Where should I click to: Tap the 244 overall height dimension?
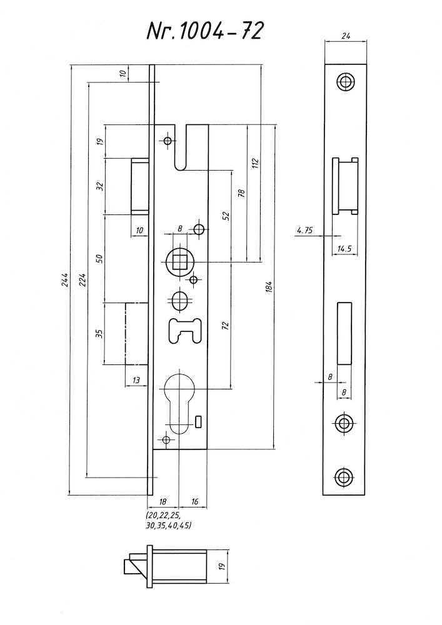tap(66, 281)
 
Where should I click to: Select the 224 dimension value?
tap(83, 281)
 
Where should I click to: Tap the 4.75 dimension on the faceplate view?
tap(305, 231)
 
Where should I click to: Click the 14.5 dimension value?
tap(344, 249)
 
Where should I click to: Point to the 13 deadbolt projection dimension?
tap(136, 379)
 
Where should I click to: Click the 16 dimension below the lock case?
tap(194, 502)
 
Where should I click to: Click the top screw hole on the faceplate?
tap(344, 82)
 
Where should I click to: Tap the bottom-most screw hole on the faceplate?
tap(344, 477)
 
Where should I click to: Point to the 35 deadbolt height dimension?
tap(99, 332)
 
